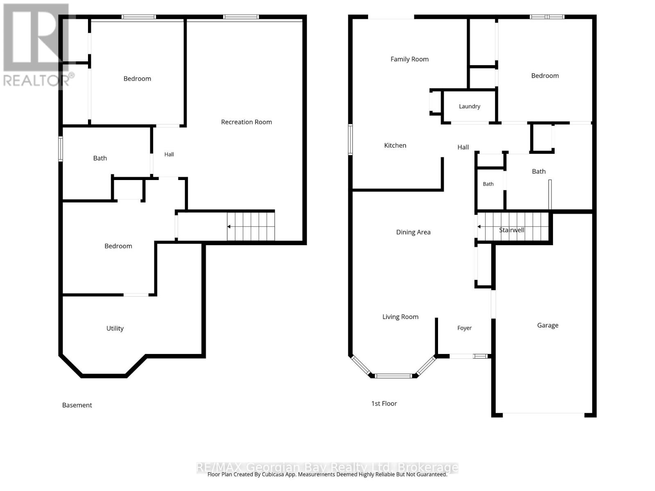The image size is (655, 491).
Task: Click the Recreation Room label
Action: (246, 122)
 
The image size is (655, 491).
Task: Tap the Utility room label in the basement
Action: (115, 328)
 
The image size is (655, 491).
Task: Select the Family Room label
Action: (409, 59)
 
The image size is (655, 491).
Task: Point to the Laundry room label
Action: (470, 106)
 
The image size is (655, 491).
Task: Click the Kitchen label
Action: (395, 146)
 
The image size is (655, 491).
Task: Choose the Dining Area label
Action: (413, 232)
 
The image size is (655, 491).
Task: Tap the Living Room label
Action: (400, 317)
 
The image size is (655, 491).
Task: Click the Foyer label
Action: (464, 328)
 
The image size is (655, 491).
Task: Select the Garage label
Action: (548, 325)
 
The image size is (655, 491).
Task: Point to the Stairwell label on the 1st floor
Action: (511, 230)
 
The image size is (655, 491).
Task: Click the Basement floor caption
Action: (77, 405)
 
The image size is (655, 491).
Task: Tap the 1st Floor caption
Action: (384, 404)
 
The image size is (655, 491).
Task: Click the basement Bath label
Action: (100, 158)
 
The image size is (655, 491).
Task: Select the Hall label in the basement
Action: (169, 154)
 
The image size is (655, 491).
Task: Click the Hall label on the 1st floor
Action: (463, 147)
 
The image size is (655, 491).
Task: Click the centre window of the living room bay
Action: (393, 376)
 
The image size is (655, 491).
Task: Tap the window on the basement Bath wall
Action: (61, 149)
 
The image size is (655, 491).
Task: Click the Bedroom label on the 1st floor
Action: (544, 76)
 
